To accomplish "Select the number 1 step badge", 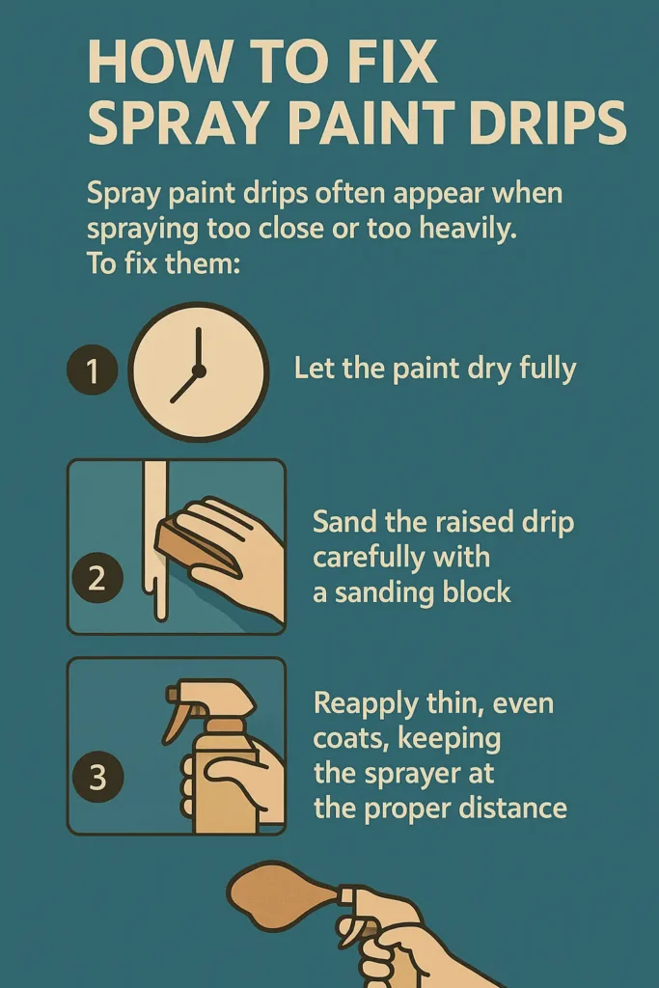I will pos(93,371).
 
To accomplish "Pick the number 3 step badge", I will pos(96,777).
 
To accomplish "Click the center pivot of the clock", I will pos(199,370).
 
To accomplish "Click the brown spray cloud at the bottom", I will pos(280,892).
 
